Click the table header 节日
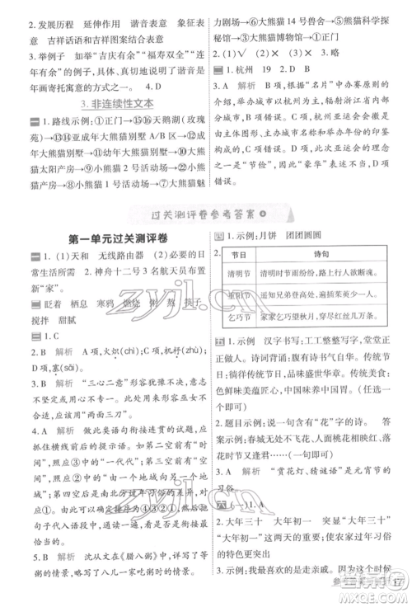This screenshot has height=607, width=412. point(238,279)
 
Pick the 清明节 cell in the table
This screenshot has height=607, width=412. point(238,299)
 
